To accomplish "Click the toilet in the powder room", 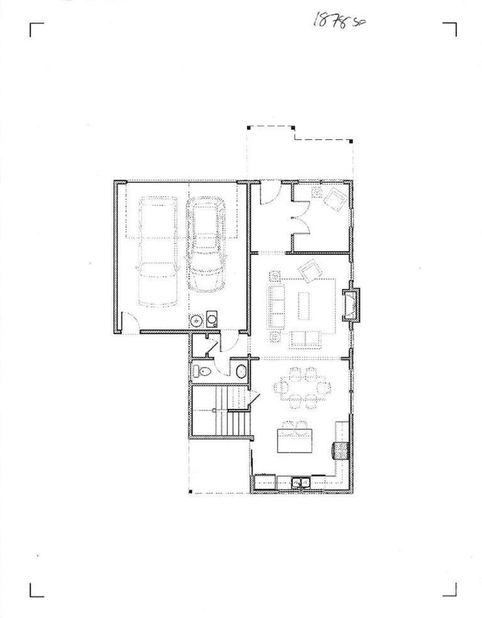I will pos(201,371).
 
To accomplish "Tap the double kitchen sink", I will pos(301,482).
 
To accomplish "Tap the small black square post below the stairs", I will pos(191,491).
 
